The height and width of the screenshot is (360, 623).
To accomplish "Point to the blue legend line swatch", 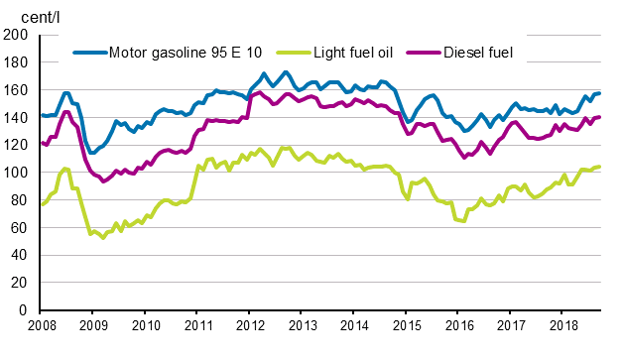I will coord(89,52).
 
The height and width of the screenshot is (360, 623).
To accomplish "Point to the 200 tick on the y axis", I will coord(16,35).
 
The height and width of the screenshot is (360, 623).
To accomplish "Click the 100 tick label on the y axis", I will coord(16,173).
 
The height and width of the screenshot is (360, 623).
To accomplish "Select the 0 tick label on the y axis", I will coord(24,310).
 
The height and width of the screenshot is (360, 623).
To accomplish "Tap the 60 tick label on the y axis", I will coord(19,227).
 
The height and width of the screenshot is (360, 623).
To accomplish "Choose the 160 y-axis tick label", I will coord(16,90).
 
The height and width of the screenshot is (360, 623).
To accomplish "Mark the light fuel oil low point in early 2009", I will coord(102,237).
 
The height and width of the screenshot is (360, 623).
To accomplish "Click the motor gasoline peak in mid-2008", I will coord(66,93).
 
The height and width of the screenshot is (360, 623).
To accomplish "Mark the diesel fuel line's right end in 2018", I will coord(600,117).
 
